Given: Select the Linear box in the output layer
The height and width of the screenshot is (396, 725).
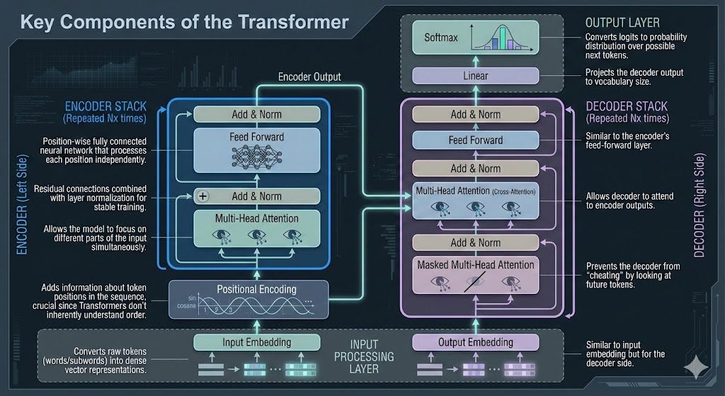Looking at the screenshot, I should [476, 75].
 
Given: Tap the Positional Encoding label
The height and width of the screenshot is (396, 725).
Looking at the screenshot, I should [247, 289].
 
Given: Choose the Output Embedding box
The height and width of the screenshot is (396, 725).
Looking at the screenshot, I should [476, 342].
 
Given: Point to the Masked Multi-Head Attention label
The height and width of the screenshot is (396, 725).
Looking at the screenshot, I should [476, 265].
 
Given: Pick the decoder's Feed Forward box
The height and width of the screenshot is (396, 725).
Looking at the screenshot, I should [476, 140].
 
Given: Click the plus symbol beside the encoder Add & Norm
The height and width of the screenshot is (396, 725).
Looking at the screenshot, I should [204, 196].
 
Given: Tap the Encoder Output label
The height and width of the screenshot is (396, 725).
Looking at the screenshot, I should [309, 77].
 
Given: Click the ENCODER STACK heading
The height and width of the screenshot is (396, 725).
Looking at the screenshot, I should [105, 107].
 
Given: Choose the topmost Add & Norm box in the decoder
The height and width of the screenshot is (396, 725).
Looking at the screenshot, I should [476, 114].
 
